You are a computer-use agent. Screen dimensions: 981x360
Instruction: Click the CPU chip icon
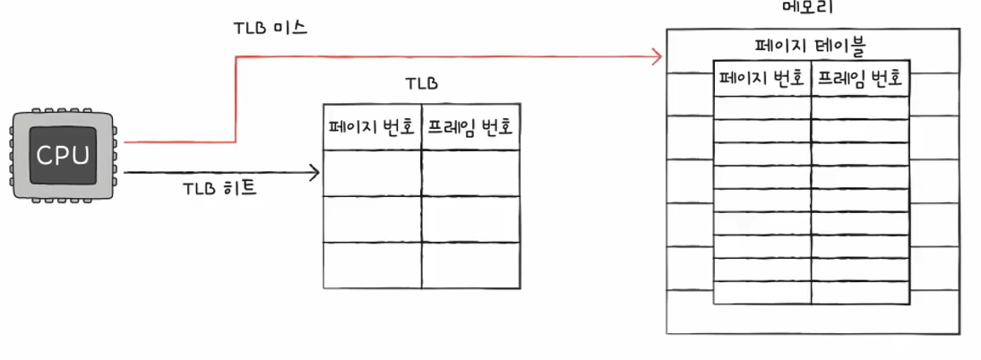63,156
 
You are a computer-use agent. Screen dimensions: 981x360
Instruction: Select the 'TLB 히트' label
219,189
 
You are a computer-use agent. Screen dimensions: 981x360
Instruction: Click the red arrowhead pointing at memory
657,57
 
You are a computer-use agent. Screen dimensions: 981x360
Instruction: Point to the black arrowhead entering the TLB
314,172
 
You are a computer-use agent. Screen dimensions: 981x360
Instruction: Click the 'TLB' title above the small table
421,84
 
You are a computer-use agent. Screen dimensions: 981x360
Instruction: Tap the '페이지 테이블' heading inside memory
812,44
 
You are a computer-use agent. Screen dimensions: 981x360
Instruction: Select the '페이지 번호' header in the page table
762,80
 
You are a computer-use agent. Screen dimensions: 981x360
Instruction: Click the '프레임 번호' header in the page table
860,80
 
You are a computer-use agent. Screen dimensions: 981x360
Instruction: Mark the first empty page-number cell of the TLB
372,173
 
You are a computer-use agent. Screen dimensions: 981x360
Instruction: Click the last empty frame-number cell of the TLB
470,265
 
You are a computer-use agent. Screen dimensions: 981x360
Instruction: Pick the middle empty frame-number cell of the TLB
470,219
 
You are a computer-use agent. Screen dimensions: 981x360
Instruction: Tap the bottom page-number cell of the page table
762,292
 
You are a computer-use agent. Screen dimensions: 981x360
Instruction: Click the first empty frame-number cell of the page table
860,107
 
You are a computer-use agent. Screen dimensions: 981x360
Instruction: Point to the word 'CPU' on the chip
63,156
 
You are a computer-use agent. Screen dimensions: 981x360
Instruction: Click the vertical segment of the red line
236,99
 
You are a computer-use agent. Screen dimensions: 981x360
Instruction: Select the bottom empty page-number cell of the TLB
372,265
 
